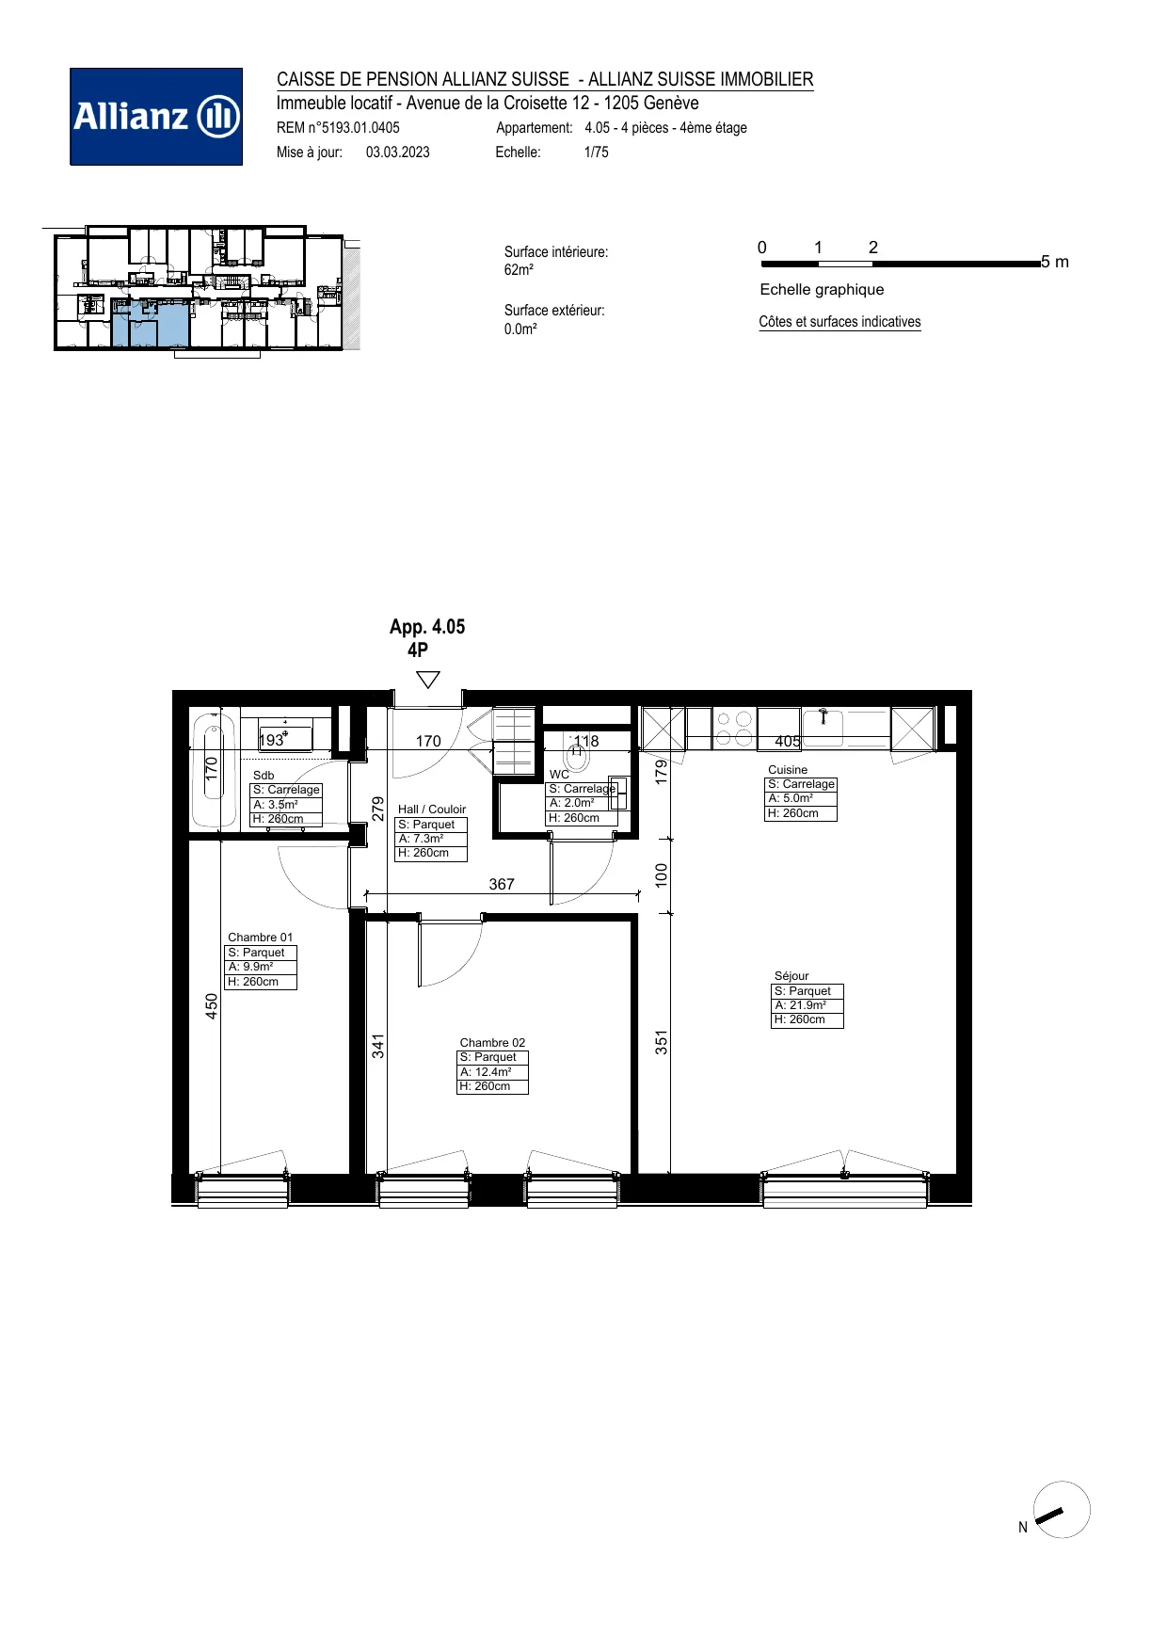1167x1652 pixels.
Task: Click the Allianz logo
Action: [156, 117]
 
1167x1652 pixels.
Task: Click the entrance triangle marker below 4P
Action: [428, 680]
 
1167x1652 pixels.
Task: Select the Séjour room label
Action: [791, 976]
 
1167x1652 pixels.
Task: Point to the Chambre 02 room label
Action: [492, 1042]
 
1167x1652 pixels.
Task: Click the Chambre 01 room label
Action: [260, 937]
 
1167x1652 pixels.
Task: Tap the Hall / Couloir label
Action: [432, 809]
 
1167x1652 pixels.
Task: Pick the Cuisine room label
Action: [788, 769]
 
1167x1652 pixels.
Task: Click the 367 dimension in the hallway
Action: [502, 884]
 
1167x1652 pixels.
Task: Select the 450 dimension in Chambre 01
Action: [212, 1006]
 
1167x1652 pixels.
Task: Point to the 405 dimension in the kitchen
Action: [788, 741]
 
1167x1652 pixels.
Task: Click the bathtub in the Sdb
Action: [215, 771]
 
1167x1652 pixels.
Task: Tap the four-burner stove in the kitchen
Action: [734, 729]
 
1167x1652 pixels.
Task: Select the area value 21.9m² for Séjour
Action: [800, 1005]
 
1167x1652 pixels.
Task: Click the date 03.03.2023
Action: [398, 152]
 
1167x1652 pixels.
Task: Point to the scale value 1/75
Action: [597, 152]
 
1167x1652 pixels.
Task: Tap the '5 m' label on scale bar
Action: [1055, 262]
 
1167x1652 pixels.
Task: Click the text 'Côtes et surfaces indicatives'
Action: [839, 322]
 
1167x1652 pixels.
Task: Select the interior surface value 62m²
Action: [519, 270]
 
